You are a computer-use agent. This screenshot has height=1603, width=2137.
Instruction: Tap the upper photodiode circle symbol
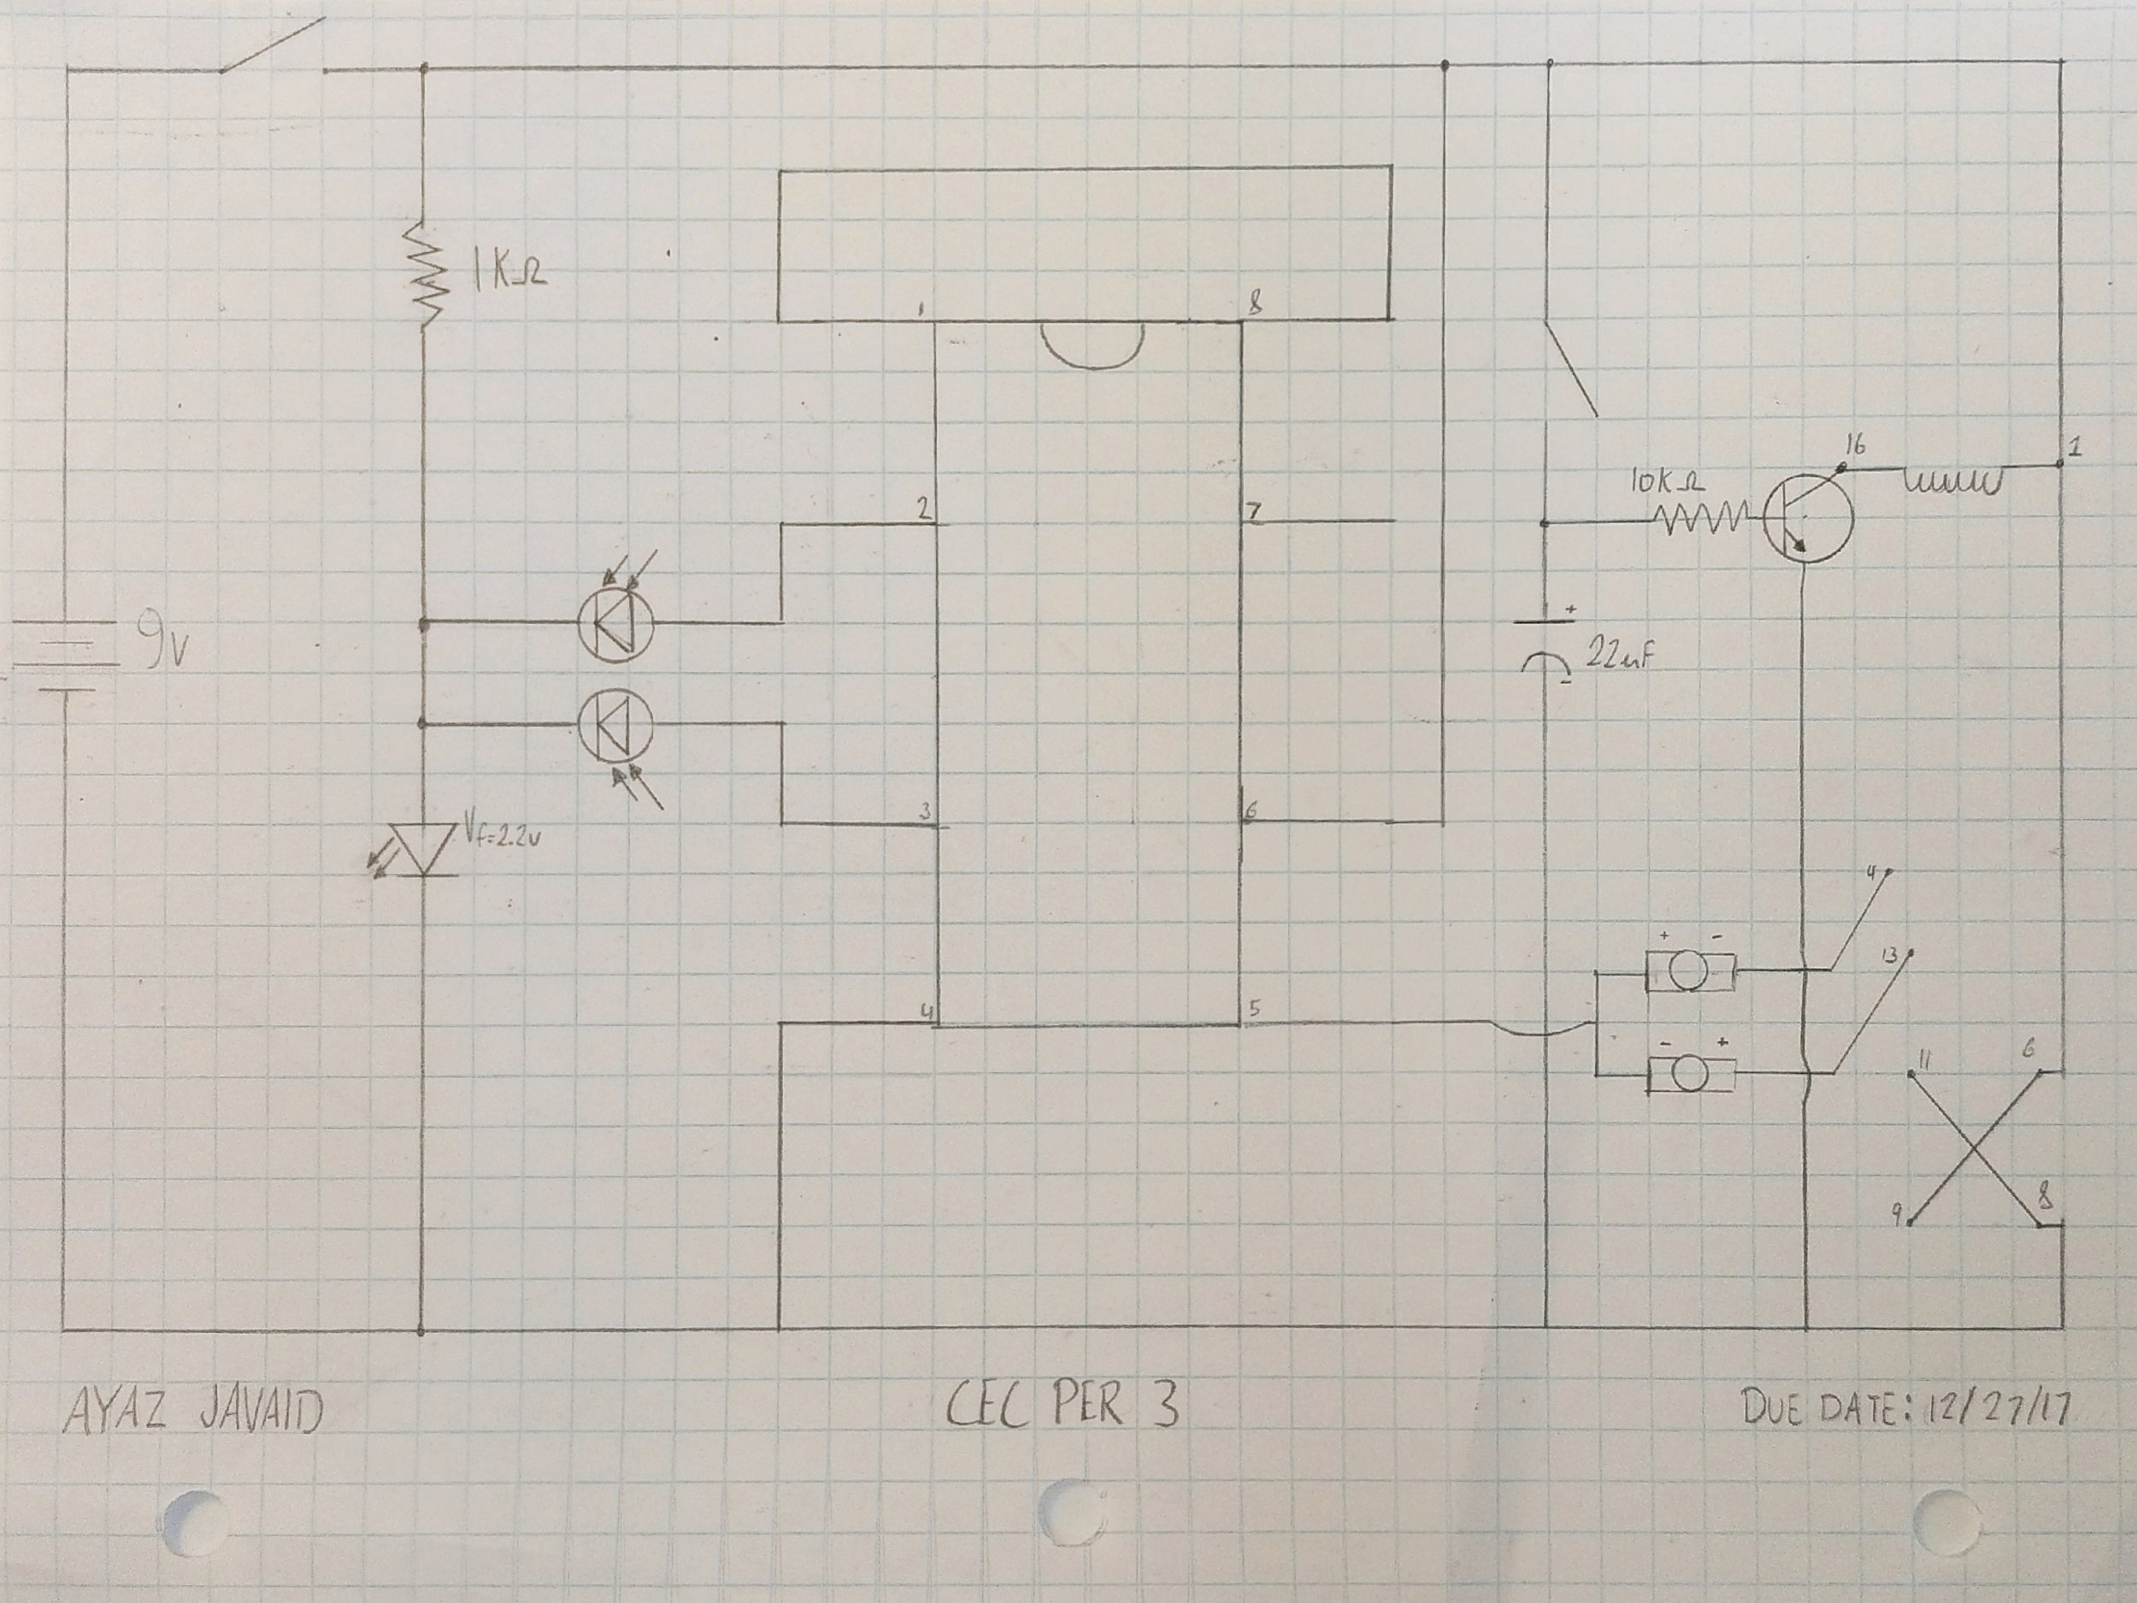pyautogui.click(x=615, y=625)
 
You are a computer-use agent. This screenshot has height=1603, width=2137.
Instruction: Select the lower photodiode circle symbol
pyautogui.click(x=615, y=726)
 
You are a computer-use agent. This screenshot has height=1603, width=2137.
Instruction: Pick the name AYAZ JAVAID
pyautogui.click(x=193, y=1413)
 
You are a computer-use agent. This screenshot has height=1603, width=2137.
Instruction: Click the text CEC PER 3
pyautogui.click(x=1062, y=1407)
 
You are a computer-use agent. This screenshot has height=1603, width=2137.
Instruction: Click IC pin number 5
pyautogui.click(x=1254, y=1007)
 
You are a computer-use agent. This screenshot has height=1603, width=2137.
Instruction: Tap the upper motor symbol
pyautogui.click(x=1690, y=971)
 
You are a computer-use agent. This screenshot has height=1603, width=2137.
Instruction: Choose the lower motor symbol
pyautogui.click(x=1690, y=1075)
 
